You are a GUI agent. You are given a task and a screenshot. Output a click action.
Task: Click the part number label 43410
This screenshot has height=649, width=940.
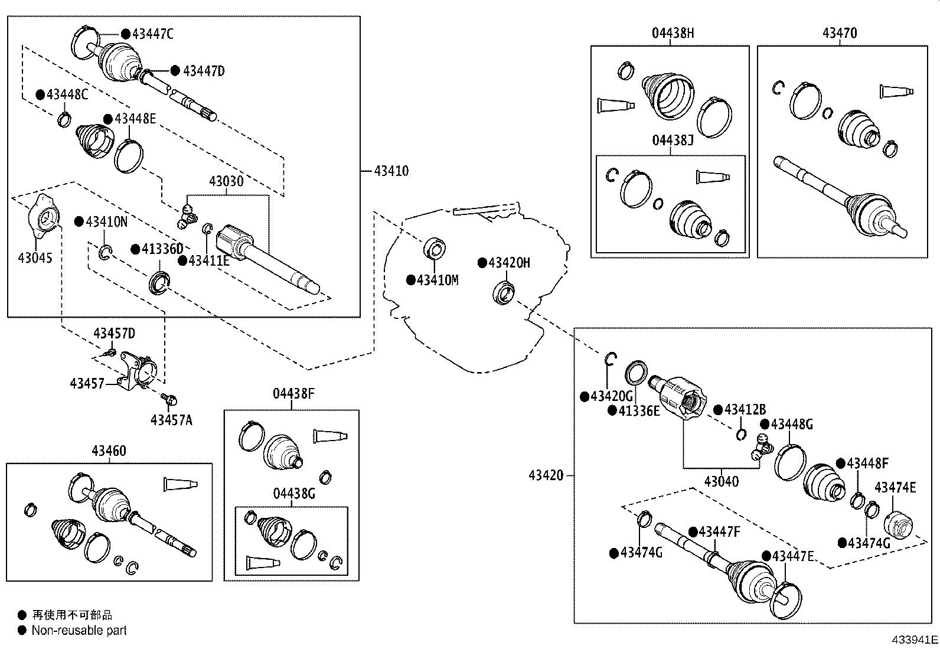tap(391, 171)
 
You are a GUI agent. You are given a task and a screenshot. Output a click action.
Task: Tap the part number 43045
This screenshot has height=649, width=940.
tap(35, 258)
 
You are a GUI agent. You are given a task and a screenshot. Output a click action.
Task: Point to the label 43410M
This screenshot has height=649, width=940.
tap(437, 280)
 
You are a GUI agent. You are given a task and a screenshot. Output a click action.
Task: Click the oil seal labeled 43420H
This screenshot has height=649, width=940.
tap(504, 293)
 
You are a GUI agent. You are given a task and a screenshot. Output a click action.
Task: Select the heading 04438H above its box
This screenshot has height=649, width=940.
tap(673, 33)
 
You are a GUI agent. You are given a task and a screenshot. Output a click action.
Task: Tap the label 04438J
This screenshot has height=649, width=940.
tap(673, 141)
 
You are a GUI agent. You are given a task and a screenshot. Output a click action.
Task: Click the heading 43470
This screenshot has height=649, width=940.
tap(840, 33)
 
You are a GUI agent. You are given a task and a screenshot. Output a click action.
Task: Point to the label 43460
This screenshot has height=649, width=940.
tap(109, 451)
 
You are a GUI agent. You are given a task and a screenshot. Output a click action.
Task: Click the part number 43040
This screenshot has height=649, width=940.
tap(721, 481)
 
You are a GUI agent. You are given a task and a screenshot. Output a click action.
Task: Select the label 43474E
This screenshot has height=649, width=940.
tap(895, 487)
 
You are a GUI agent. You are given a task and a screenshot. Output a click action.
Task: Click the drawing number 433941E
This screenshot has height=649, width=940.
tap(915, 640)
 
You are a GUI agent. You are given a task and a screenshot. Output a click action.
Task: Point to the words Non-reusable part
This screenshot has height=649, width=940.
tap(79, 631)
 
